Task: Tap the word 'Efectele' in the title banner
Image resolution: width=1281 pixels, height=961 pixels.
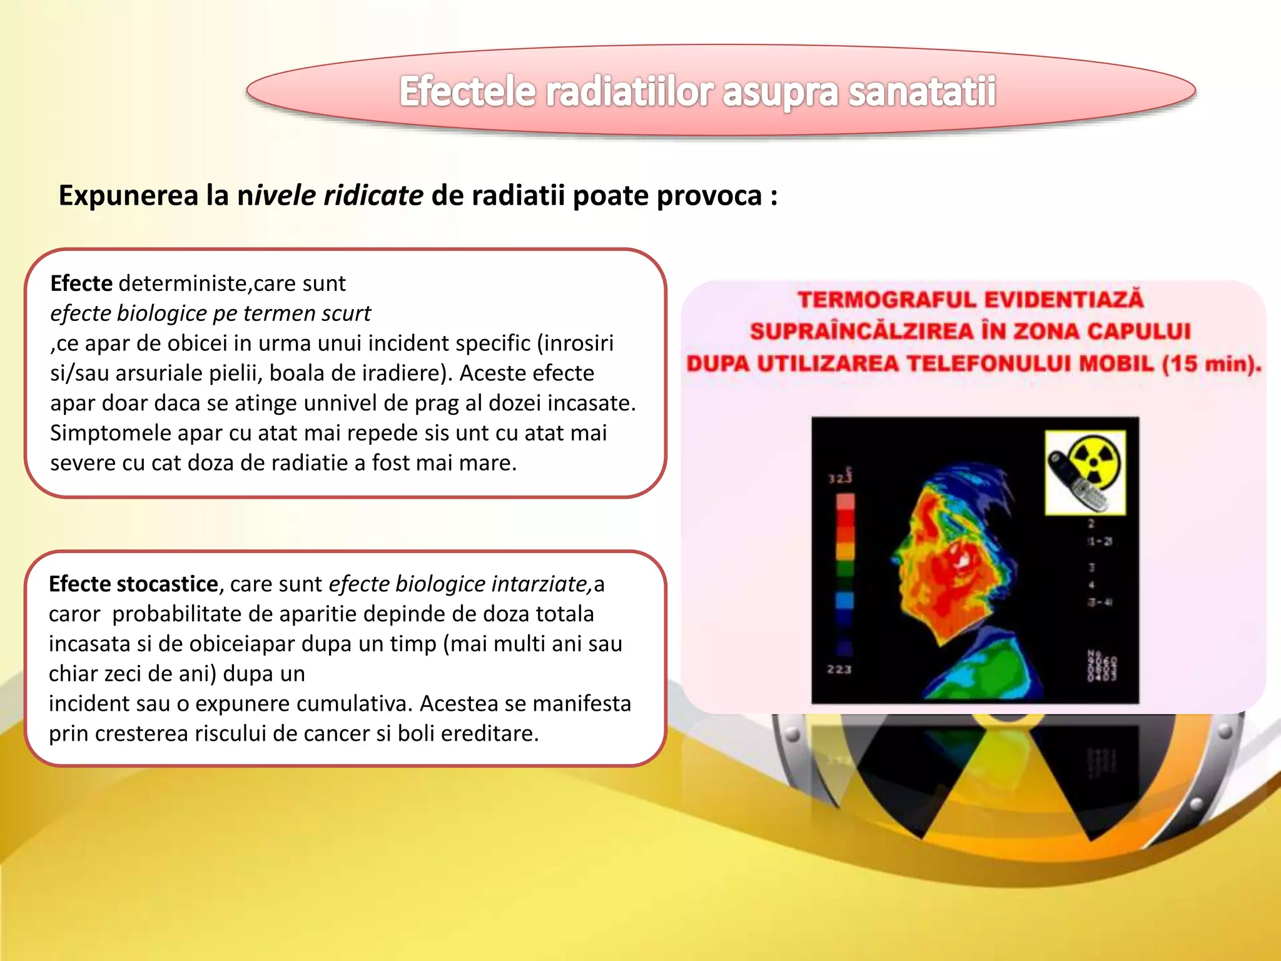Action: tap(467, 92)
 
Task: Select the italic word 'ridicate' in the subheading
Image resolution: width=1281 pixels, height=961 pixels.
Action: tap(373, 196)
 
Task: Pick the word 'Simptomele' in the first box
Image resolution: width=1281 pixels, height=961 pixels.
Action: tap(110, 433)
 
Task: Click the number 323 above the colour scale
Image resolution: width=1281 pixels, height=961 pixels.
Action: tap(840, 479)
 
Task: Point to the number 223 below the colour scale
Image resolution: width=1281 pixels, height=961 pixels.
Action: tap(839, 669)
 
